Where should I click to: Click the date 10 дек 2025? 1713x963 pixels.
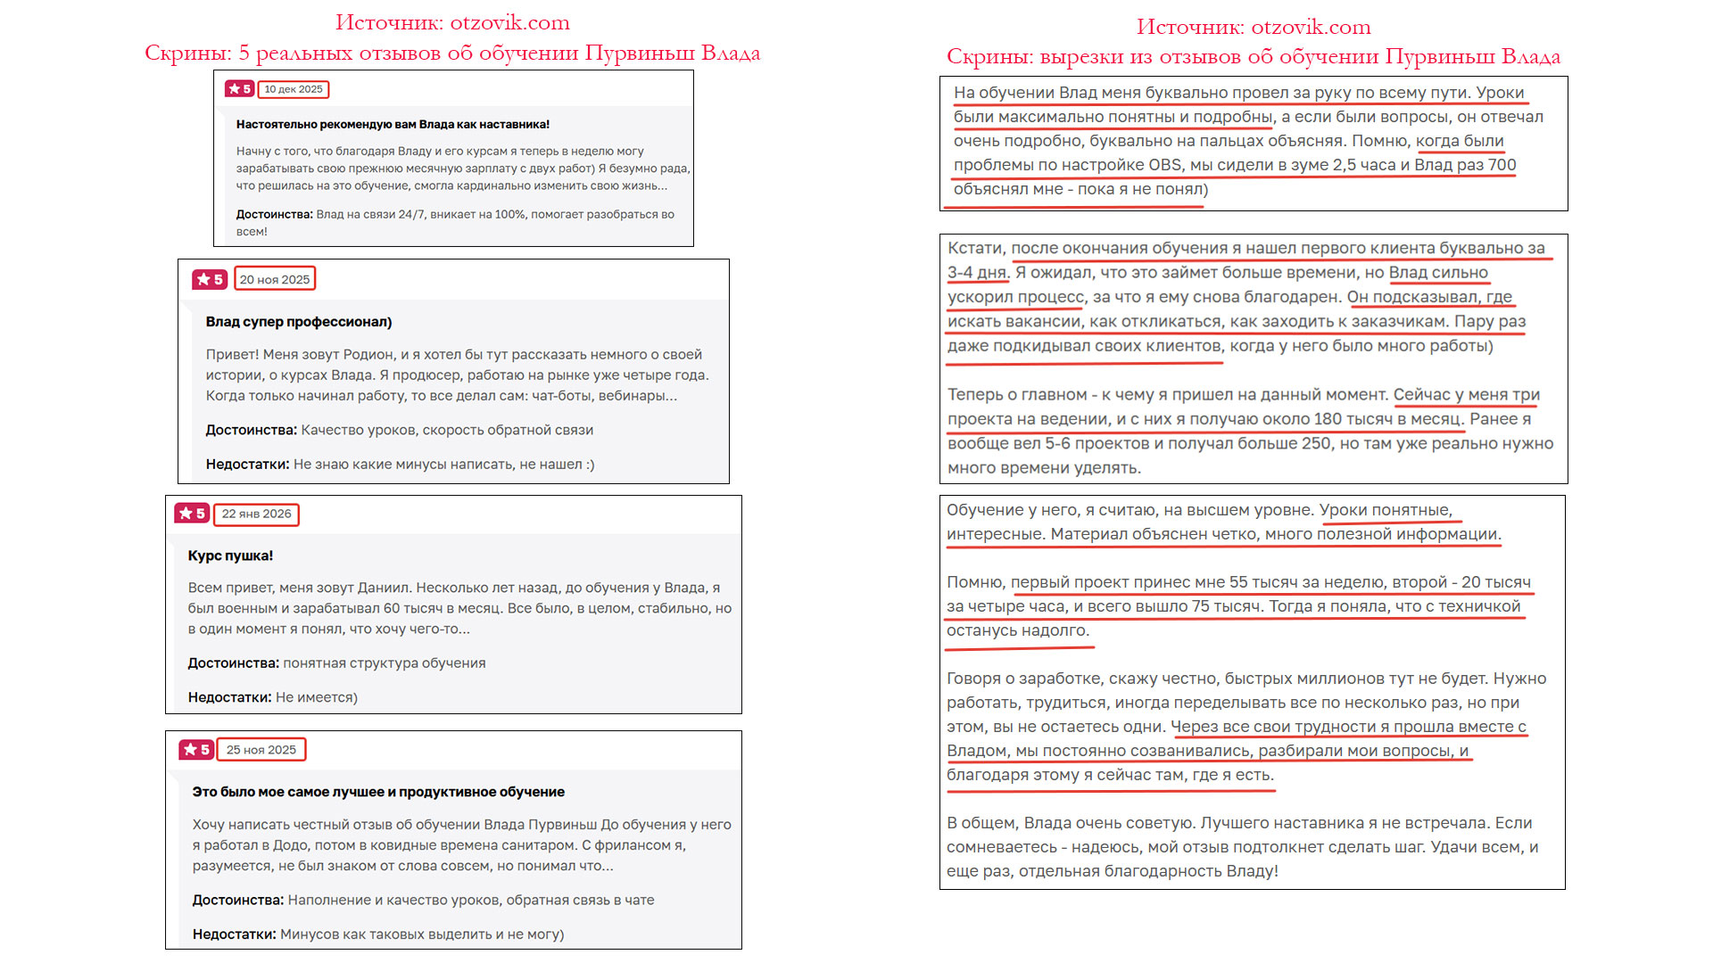pos(294,89)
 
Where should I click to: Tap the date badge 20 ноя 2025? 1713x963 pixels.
pos(275,279)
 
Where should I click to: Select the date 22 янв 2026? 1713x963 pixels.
pos(256,514)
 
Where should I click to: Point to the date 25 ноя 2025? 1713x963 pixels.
pos(261,750)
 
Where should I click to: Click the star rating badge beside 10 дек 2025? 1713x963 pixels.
pos(239,89)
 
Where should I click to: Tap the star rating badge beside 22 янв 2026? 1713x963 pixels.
pos(192,514)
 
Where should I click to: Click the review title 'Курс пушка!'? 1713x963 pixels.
pos(230,556)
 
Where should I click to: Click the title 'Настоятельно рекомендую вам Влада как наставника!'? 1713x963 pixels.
pos(393,125)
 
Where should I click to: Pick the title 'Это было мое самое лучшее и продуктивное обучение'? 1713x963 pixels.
pos(378,792)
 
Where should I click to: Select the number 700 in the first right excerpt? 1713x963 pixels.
pos(1502,165)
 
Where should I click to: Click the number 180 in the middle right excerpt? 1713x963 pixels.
pos(1328,419)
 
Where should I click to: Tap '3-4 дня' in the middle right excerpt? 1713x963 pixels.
pos(977,273)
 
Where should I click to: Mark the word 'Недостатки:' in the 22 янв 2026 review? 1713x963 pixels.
pos(229,697)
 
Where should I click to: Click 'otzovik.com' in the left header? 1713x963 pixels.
pos(509,22)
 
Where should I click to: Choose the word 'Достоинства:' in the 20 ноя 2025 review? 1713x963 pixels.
pos(251,430)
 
